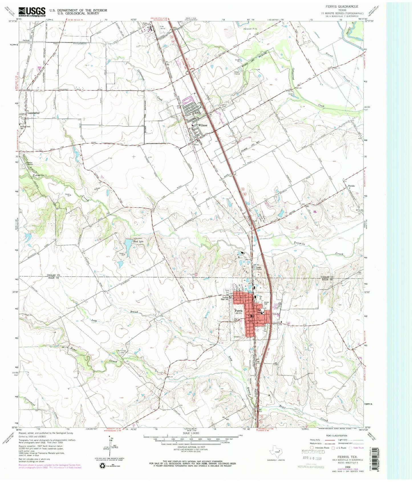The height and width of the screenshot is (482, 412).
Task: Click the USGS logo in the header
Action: pyautogui.click(x=32, y=11)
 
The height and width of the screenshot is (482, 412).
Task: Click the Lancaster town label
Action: pyautogui.click(x=33, y=113)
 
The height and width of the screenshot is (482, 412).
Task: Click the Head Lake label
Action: pyautogui.click(x=139, y=241)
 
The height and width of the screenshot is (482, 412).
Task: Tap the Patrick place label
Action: pyautogui.click(x=351, y=186)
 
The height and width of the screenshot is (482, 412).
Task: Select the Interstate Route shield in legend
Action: pyautogui.click(x=312, y=448)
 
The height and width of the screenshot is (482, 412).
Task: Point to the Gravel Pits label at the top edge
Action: pyautogui.click(x=251, y=29)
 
